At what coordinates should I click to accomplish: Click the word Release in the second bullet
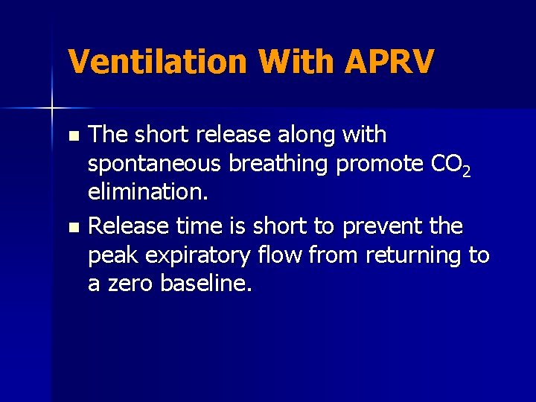click(x=131, y=225)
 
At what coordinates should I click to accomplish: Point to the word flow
click(x=286, y=255)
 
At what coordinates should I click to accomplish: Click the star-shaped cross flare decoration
click(x=52, y=109)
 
